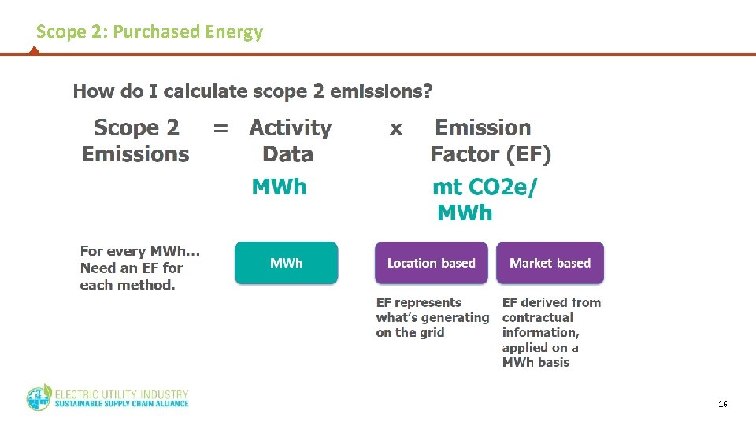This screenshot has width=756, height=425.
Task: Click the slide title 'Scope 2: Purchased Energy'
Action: pyautogui.click(x=150, y=32)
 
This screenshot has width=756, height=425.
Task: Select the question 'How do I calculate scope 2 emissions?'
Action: pyautogui.click(x=252, y=91)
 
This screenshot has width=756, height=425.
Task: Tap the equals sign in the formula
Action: pyautogui.click(x=221, y=128)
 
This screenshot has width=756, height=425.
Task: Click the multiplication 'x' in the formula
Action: pyautogui.click(x=395, y=129)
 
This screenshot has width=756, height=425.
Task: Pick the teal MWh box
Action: pyautogui.click(x=286, y=263)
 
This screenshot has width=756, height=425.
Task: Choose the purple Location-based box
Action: pyautogui.click(x=431, y=263)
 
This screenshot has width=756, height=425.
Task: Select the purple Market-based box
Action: pyautogui.click(x=550, y=263)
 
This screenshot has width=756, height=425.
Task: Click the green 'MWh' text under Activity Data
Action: pyautogui.click(x=279, y=187)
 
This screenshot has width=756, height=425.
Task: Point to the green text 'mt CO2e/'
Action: pyautogui.click(x=486, y=187)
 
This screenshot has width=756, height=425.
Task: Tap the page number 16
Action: pyautogui.click(x=722, y=404)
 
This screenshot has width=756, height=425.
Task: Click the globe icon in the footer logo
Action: pyautogui.click(x=39, y=398)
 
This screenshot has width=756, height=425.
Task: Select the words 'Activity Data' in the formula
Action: pyautogui.click(x=290, y=141)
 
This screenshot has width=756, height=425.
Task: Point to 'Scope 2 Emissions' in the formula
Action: pyautogui.click(x=135, y=141)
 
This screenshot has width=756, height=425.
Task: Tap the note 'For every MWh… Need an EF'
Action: pyautogui.click(x=139, y=268)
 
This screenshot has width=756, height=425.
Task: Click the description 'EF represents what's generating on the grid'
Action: pyautogui.click(x=432, y=317)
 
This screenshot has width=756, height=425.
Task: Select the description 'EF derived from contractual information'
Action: pyautogui.click(x=550, y=331)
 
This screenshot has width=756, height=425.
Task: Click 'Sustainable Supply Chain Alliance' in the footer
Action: pyautogui.click(x=121, y=404)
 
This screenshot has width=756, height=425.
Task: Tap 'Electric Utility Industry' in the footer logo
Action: pyautogui.click(x=121, y=393)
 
